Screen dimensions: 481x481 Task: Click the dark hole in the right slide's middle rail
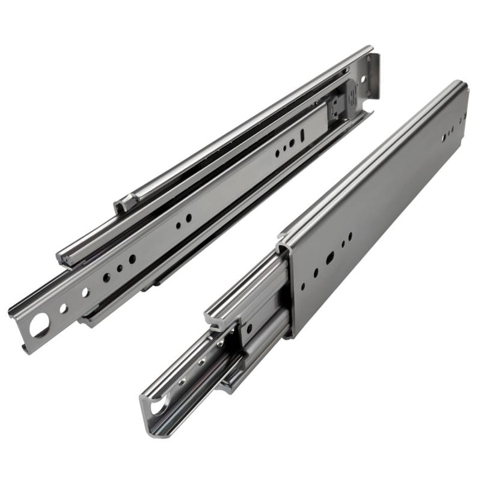coord(248,329)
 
